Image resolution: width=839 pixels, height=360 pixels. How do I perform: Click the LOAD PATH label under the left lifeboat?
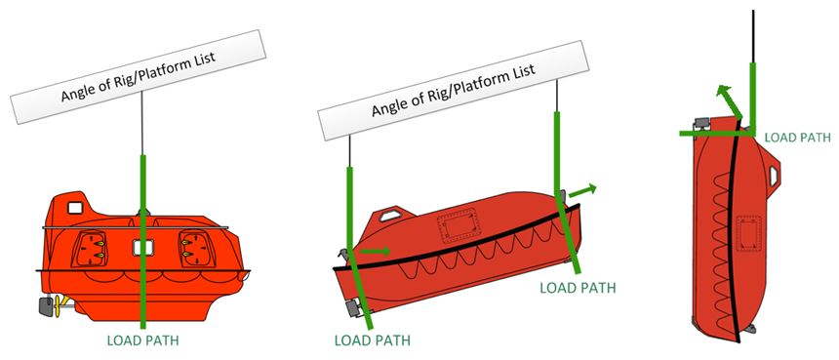[x=144, y=340]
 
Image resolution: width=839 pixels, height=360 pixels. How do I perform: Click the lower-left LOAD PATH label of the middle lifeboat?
[x=372, y=340]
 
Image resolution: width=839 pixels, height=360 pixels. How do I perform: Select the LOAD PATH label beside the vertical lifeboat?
[x=797, y=138]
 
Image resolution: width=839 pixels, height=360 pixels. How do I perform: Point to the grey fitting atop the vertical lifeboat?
[x=699, y=126]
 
